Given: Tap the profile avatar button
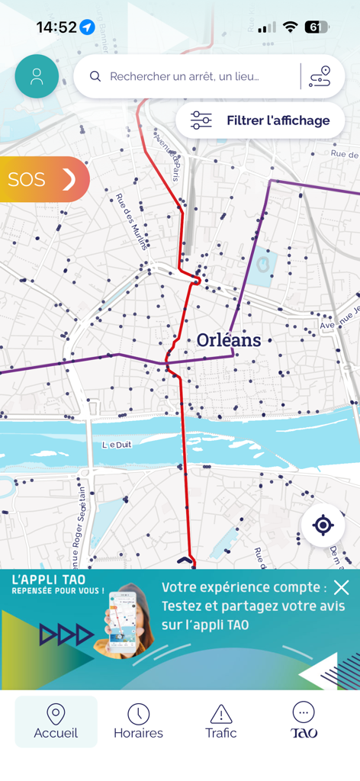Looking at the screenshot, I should [x=37, y=76].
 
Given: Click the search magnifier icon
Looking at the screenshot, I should [x=95, y=76].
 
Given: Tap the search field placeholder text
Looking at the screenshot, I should [x=185, y=76].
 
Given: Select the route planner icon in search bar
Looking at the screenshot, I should [x=320, y=76].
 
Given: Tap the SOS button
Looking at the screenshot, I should [x=43, y=180].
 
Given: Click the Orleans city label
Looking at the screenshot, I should [x=229, y=340].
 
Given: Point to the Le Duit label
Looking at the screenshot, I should [x=117, y=445].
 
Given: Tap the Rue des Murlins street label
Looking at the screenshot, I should [x=131, y=221].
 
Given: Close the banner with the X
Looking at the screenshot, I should [x=341, y=587].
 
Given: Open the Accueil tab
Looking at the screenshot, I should [x=56, y=722].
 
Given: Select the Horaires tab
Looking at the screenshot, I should [x=138, y=722].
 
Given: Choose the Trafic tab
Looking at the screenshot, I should [x=221, y=722].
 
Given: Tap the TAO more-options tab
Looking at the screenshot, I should [x=304, y=722].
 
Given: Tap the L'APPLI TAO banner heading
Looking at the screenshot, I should [x=49, y=580].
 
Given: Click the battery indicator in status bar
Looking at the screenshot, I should [x=316, y=27].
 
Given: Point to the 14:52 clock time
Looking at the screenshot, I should [x=56, y=27].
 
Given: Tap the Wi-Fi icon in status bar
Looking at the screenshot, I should [x=290, y=27].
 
